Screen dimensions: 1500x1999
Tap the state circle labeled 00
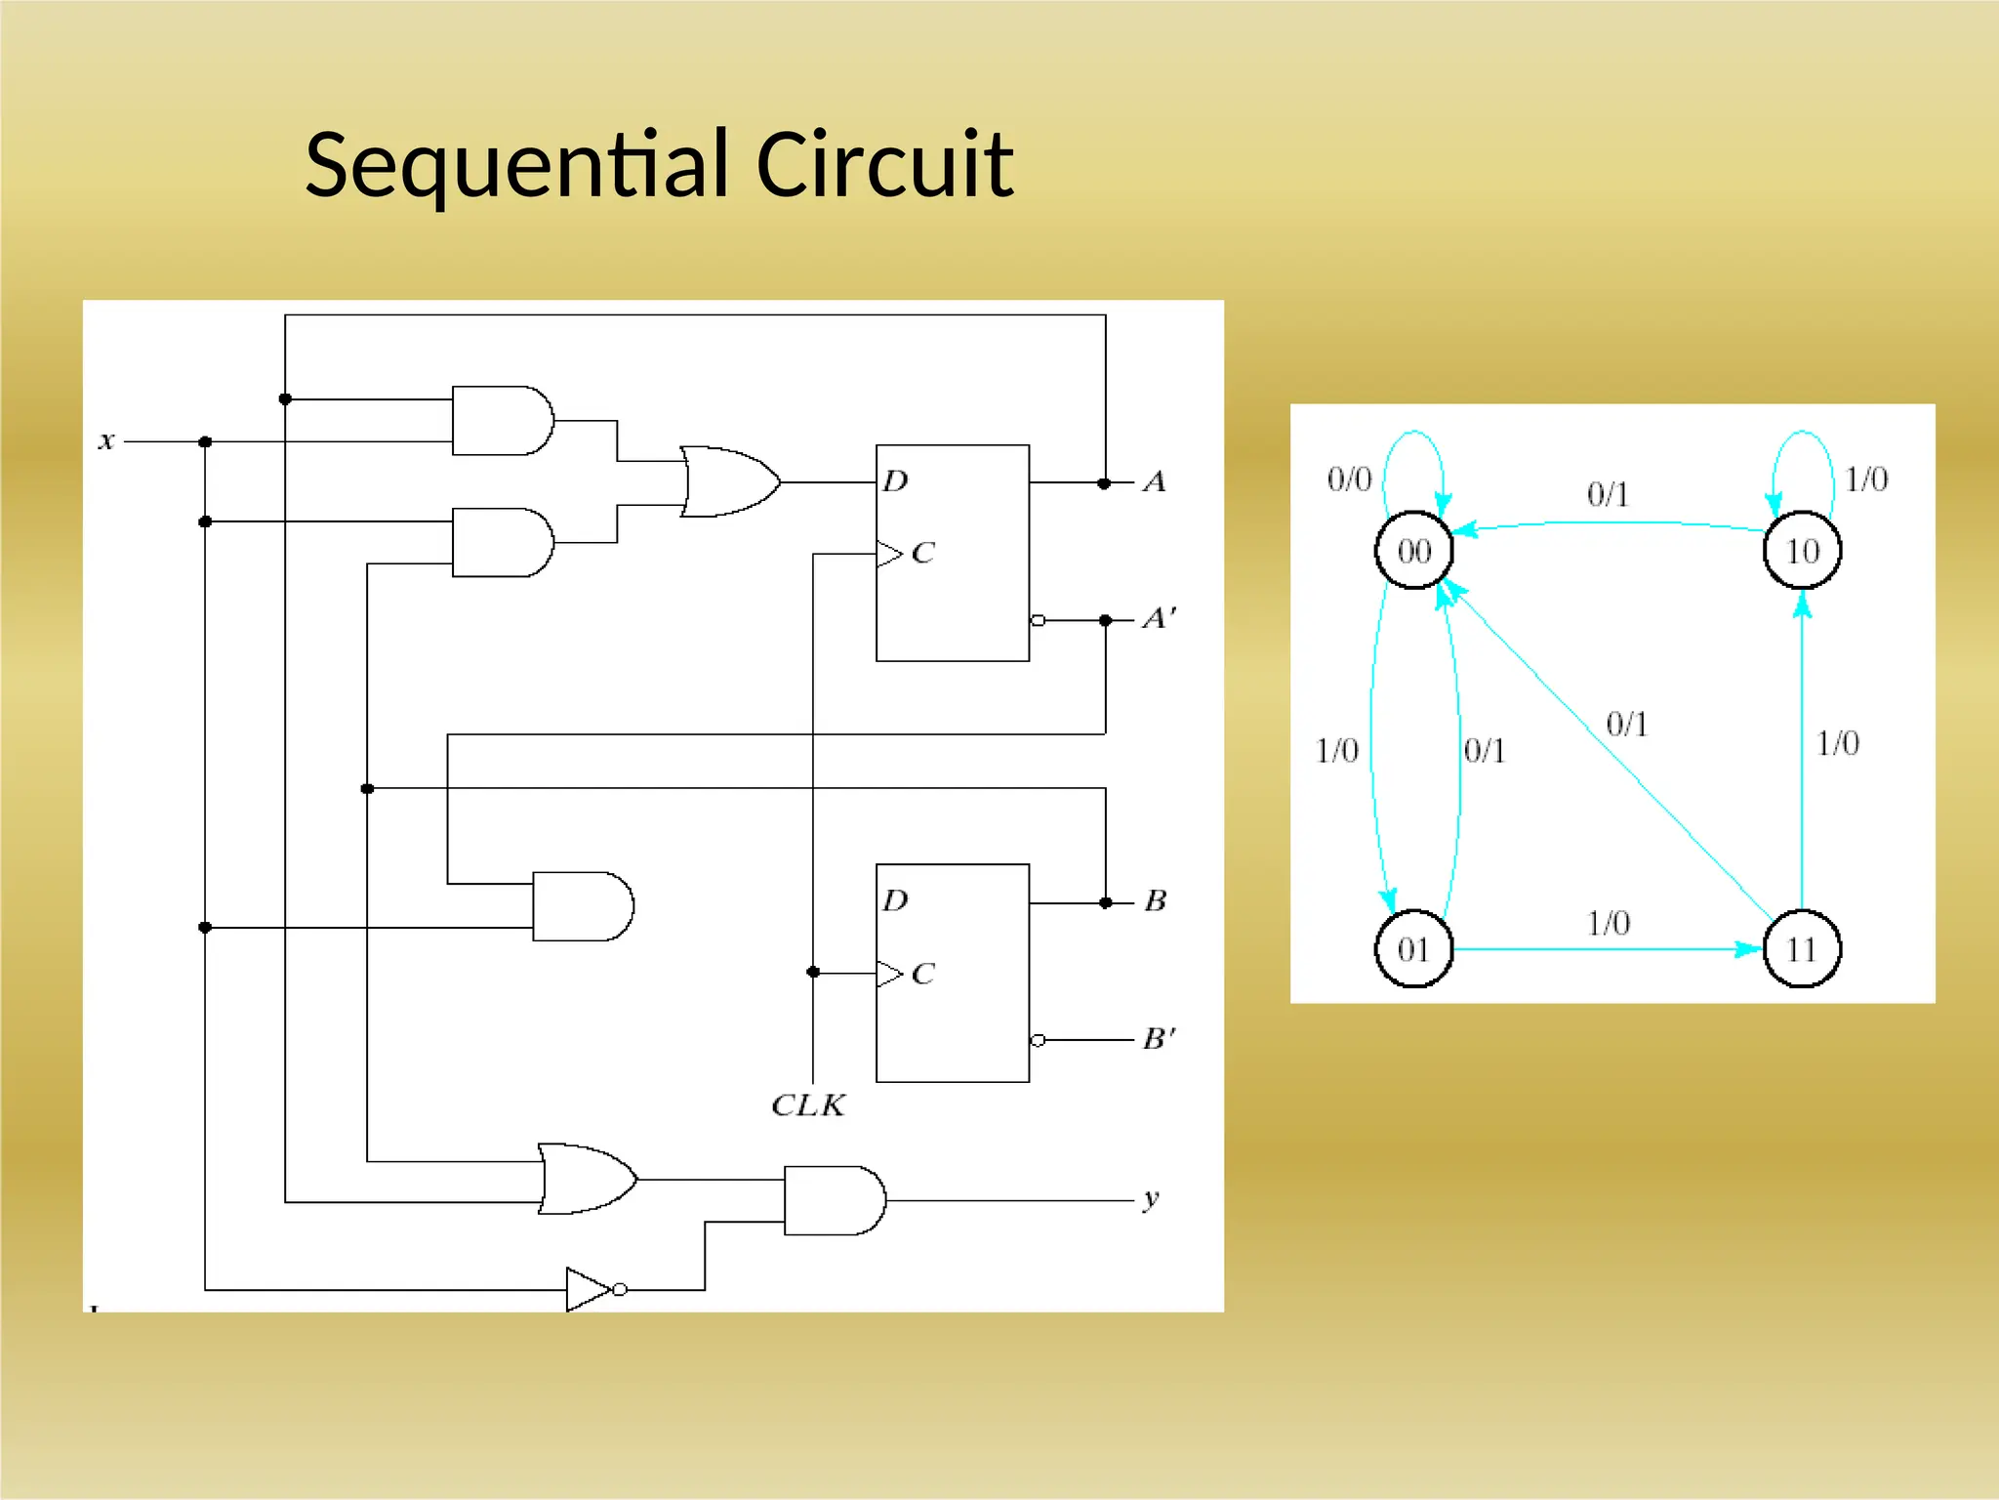point(1413,551)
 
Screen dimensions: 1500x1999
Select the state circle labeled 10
point(1802,551)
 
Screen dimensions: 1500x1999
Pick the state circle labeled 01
point(1413,948)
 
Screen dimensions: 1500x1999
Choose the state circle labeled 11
point(1802,948)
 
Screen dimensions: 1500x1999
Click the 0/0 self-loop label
point(1349,479)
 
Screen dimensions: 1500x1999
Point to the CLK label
point(808,1105)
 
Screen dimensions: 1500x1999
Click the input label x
point(107,441)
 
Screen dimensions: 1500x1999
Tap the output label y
point(1152,1198)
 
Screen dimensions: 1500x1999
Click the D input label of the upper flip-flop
point(895,480)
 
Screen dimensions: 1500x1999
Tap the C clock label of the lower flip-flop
point(922,974)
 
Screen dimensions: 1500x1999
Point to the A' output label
point(1160,618)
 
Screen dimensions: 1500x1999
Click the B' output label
point(1160,1038)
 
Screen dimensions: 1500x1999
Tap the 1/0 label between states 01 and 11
point(1609,923)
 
